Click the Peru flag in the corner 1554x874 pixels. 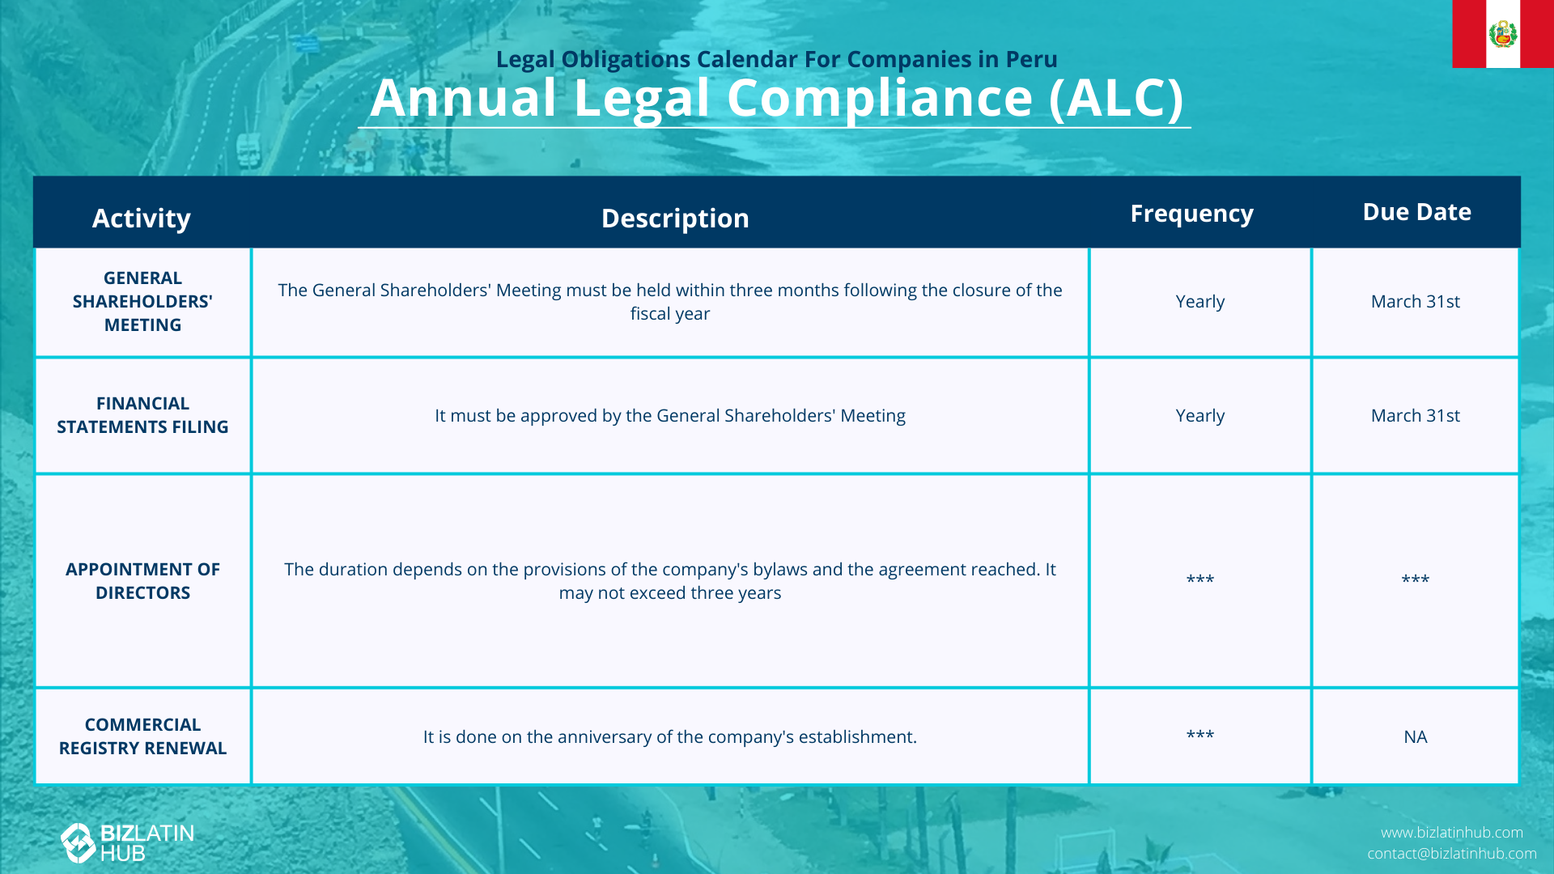(x=1503, y=34)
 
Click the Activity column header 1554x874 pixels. (x=142, y=218)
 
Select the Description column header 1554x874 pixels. (x=675, y=218)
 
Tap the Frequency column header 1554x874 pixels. (x=1191, y=214)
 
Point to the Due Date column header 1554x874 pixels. (x=1416, y=212)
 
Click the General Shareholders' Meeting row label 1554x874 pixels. (x=142, y=301)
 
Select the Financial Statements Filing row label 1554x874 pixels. (x=142, y=415)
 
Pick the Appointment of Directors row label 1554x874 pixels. (x=142, y=581)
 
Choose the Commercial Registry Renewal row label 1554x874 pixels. (x=142, y=736)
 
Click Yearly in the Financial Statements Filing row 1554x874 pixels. (x=1199, y=416)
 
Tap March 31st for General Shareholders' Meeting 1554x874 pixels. (x=1416, y=302)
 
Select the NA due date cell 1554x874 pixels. (x=1416, y=737)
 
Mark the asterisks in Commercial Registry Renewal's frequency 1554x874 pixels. (x=1199, y=735)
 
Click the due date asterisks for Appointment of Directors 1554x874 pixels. (x=1416, y=579)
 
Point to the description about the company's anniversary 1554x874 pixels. (x=670, y=737)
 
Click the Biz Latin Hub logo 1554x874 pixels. (x=128, y=843)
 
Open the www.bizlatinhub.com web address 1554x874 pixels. (x=1452, y=833)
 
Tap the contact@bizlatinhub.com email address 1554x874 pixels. (x=1452, y=854)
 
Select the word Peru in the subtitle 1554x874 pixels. (x=1032, y=59)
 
